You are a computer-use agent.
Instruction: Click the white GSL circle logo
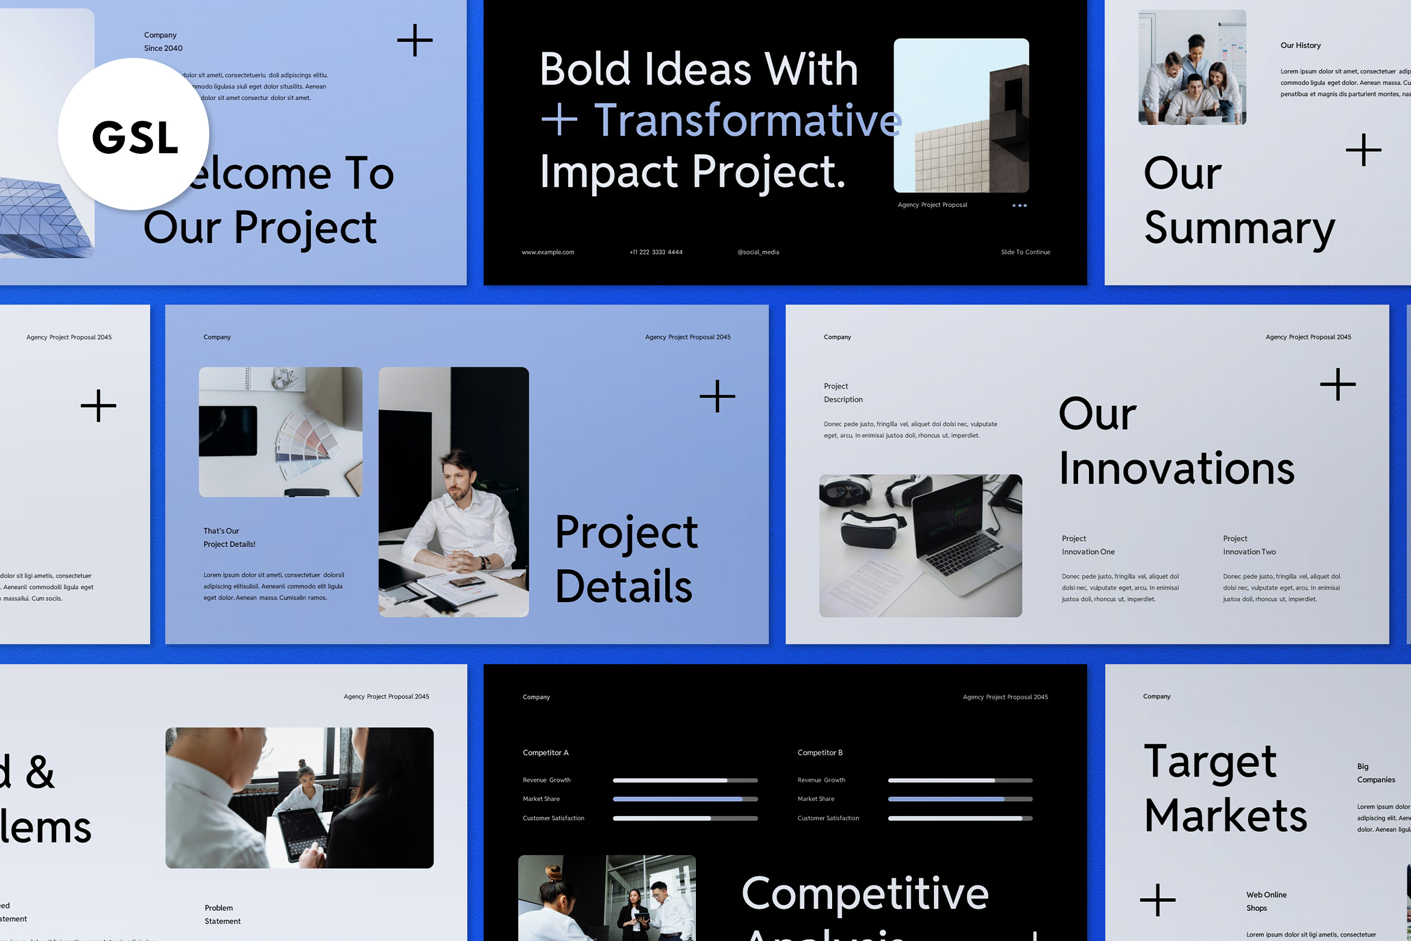pos(134,134)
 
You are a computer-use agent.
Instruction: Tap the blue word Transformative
pos(748,120)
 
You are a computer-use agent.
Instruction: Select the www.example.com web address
pos(548,252)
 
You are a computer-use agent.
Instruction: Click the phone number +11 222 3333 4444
pos(655,252)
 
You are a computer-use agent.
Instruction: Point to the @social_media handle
pos(758,252)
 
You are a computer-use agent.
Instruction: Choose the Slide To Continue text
pos(1025,252)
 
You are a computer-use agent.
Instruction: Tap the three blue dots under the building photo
pos(1019,206)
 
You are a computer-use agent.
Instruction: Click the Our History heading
pos(1300,45)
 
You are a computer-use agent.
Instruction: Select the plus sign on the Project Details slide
pos(717,396)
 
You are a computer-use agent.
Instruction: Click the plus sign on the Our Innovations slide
pos(1337,384)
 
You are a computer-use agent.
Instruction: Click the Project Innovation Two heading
pos(1249,545)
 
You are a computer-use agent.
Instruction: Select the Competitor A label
pos(545,753)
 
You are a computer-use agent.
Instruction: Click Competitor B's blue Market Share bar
pos(947,799)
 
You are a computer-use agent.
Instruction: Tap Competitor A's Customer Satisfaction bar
pos(684,819)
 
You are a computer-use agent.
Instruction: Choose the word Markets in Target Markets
pos(1225,816)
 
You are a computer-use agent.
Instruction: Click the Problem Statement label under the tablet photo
pos(222,914)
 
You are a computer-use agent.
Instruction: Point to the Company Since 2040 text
pos(163,42)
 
